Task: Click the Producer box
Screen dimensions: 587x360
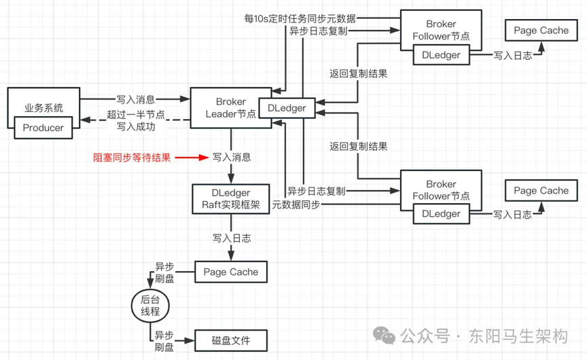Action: click(x=43, y=128)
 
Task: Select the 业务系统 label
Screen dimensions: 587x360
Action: click(x=43, y=108)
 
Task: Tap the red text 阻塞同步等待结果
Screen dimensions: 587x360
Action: click(x=132, y=158)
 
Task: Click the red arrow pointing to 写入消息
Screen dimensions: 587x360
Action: click(x=192, y=158)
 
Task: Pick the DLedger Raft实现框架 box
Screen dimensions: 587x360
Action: click(x=231, y=199)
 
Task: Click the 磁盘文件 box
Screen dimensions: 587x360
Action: click(x=231, y=340)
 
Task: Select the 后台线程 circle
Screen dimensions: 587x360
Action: click(x=150, y=306)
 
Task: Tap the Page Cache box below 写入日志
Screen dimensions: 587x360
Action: click(x=231, y=272)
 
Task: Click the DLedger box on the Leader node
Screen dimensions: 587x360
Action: click(x=287, y=108)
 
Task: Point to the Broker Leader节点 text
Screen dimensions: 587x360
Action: click(x=230, y=108)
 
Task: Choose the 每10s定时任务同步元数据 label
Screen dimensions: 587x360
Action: click(x=300, y=18)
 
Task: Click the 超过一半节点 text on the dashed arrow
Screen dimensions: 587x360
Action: click(x=135, y=115)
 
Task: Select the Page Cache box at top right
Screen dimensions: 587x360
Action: click(x=541, y=31)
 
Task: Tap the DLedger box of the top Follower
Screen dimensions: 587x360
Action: click(x=442, y=55)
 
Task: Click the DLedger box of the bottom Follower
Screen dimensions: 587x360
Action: click(x=442, y=214)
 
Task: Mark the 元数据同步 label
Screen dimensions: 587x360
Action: click(x=296, y=204)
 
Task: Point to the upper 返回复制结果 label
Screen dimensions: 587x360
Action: click(x=358, y=74)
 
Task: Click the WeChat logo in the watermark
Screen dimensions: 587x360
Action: click(x=384, y=336)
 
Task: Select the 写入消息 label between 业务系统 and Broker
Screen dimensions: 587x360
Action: click(x=135, y=100)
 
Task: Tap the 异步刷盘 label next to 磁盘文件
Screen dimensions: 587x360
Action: click(x=164, y=341)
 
